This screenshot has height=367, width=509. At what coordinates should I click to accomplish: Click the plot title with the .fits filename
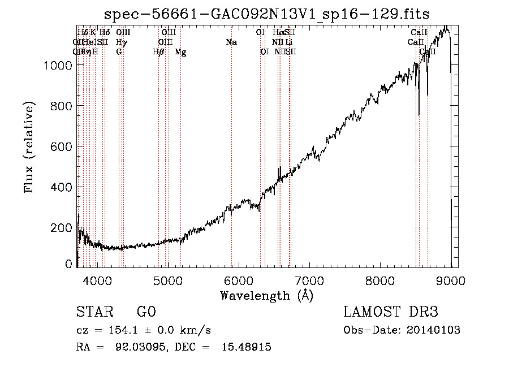[267, 14]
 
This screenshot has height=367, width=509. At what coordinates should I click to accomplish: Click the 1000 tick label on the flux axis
[58, 66]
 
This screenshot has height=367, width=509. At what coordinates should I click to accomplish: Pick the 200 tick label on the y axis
[62, 227]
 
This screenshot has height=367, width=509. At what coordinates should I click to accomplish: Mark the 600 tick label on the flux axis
[62, 146]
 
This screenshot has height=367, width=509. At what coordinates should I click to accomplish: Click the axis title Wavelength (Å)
[266, 295]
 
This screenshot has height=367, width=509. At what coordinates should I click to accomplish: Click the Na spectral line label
[231, 42]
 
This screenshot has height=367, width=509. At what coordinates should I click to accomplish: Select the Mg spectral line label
[180, 52]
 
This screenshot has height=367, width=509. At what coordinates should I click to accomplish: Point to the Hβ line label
[158, 52]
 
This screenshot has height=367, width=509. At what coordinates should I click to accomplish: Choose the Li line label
[289, 42]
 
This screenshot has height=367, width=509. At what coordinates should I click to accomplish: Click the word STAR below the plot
[94, 312]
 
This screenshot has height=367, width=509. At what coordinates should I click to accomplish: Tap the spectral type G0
[146, 312]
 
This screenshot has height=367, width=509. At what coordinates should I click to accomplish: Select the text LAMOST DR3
[390, 312]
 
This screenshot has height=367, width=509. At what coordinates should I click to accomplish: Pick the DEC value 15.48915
[248, 347]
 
